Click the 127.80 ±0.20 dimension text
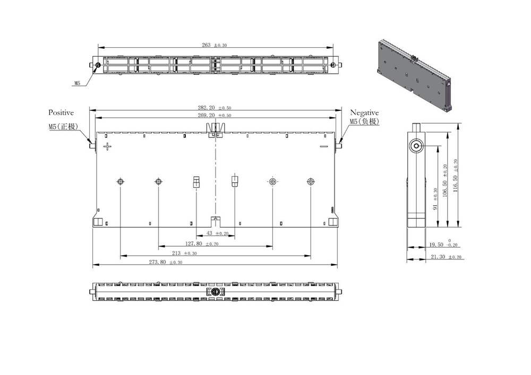(x=202, y=244)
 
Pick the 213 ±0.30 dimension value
(x=185, y=254)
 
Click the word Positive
(x=61, y=112)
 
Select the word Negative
(x=364, y=112)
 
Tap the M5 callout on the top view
(x=77, y=83)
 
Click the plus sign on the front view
(x=108, y=146)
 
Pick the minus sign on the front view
(x=323, y=146)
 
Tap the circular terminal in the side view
(x=416, y=145)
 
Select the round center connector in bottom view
(x=216, y=292)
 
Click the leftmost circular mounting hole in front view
(x=121, y=182)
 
